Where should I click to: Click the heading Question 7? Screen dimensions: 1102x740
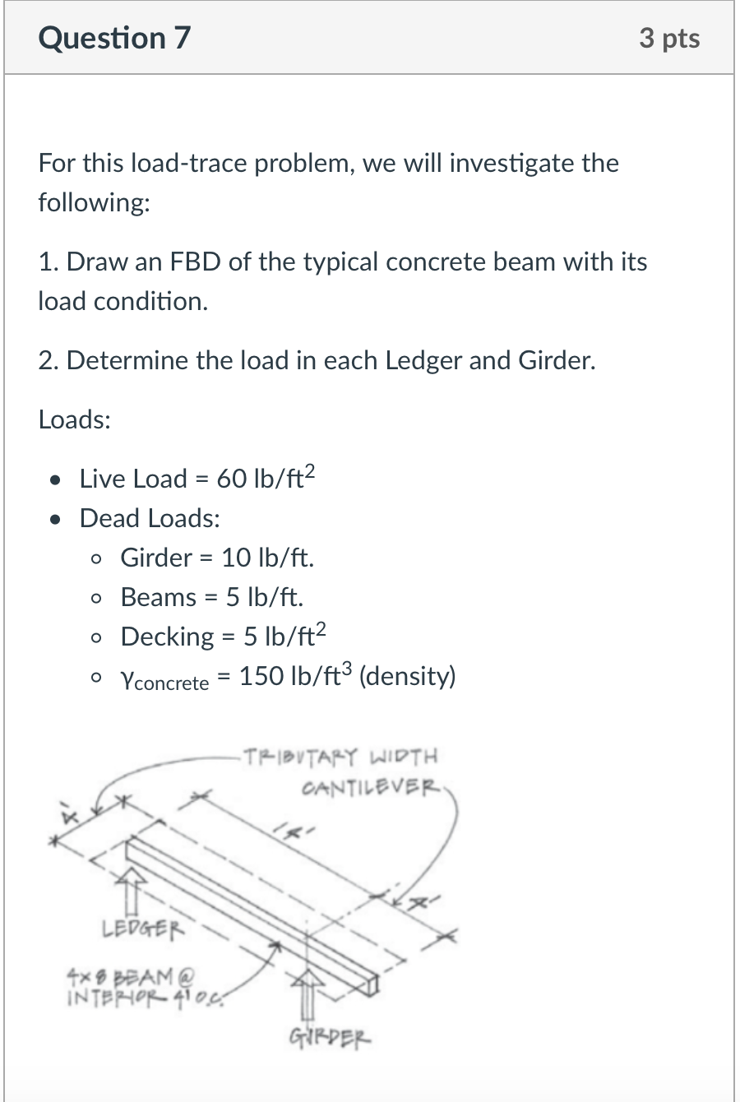[x=114, y=38]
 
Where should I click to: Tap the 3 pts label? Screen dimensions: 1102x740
[x=669, y=38]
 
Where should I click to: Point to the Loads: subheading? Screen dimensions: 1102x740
[x=75, y=419]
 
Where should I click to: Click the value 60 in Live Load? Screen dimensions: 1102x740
[x=231, y=479]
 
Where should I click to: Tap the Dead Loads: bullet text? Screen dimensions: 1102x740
[x=150, y=518]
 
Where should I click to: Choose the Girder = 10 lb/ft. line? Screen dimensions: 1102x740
[x=217, y=558]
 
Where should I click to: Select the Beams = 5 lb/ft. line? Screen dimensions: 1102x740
[x=211, y=597]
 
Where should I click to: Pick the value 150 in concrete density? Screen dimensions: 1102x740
[x=261, y=676]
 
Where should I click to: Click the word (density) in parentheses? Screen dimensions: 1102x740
[x=408, y=676]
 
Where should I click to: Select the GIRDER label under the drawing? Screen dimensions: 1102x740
[x=330, y=1037]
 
